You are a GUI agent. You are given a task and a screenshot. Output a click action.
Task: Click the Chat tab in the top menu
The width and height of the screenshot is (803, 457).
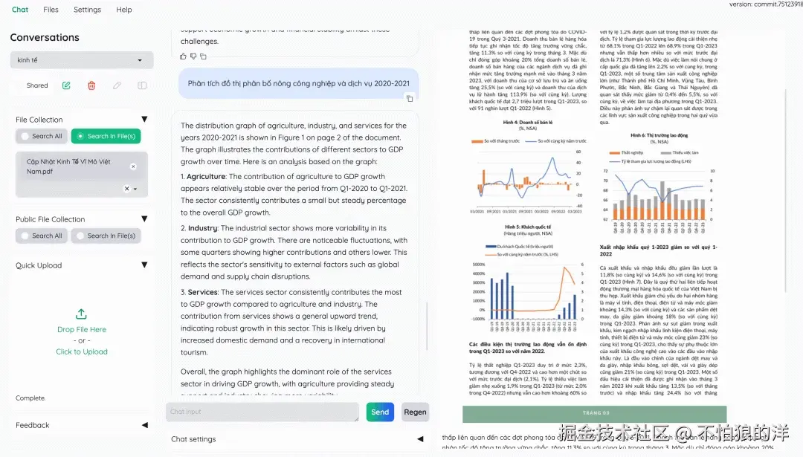(x=20, y=10)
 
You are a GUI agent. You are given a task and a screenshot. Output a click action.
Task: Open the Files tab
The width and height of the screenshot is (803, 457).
(x=51, y=10)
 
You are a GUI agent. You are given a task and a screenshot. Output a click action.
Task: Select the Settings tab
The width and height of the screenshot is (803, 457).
(x=87, y=10)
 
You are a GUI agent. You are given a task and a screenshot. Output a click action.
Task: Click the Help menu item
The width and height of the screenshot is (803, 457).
(x=124, y=10)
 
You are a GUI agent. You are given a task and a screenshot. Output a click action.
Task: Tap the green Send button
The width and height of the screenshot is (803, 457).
(x=380, y=412)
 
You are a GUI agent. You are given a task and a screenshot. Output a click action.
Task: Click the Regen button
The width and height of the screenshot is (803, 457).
(x=415, y=412)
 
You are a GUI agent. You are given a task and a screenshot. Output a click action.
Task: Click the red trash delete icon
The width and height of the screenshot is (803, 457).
(x=91, y=85)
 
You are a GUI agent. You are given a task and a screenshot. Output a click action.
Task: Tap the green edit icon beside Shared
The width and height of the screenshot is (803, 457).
(x=66, y=85)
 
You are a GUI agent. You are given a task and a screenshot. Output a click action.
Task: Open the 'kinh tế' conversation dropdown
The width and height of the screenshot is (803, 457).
(x=82, y=60)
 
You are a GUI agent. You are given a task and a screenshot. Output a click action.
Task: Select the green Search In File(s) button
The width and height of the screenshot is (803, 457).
(x=106, y=136)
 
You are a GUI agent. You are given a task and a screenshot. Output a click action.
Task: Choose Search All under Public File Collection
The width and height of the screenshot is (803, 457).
(x=42, y=236)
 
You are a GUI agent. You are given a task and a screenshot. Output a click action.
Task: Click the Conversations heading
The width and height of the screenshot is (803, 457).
(x=45, y=37)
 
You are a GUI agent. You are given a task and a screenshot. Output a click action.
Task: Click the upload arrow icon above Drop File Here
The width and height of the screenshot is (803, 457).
(x=82, y=314)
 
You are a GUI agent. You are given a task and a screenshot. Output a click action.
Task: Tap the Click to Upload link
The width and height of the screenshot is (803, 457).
(x=82, y=351)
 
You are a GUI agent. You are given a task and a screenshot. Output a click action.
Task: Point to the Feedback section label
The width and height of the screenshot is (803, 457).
(x=33, y=425)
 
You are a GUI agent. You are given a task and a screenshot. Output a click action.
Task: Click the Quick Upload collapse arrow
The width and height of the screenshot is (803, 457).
(x=144, y=265)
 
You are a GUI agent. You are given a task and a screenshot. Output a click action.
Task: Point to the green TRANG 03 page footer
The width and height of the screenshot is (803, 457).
(x=594, y=413)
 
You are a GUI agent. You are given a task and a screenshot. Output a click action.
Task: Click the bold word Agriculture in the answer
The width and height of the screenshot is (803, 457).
(x=206, y=177)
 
